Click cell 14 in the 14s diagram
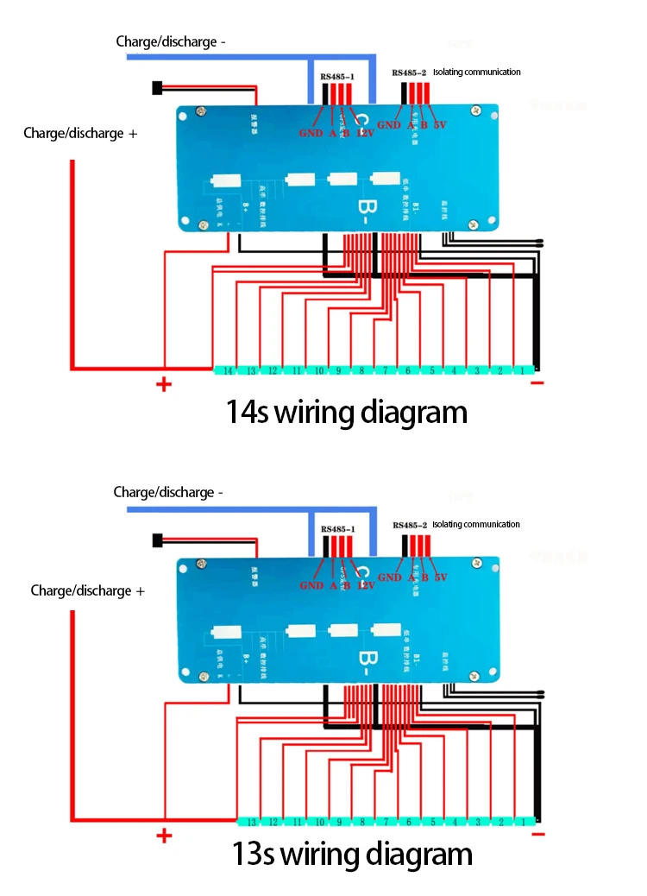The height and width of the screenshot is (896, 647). [x=227, y=370]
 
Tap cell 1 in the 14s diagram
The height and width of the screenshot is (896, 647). [x=522, y=370]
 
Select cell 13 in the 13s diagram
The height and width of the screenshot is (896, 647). [x=252, y=822]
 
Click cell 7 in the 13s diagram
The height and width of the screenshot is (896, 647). [x=386, y=822]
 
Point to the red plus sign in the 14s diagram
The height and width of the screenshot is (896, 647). [x=164, y=384]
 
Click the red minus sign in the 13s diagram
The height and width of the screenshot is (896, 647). [x=539, y=834]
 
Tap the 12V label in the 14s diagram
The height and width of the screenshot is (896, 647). [x=365, y=133]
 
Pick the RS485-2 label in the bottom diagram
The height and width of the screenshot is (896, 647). [x=409, y=525]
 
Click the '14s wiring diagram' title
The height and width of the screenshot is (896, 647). [x=346, y=412]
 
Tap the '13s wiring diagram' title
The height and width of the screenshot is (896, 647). [x=352, y=855]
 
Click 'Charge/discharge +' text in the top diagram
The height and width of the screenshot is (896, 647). [x=80, y=134]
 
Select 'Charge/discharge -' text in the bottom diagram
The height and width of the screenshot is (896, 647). [x=168, y=492]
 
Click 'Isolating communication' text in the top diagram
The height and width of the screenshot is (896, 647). [x=476, y=73]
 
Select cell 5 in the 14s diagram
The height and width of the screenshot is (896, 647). [x=431, y=370]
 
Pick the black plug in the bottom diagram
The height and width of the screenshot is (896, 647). [x=157, y=539]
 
